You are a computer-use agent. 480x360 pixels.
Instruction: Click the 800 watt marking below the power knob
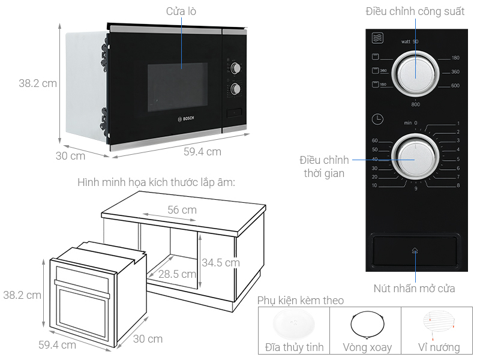[x=415, y=104]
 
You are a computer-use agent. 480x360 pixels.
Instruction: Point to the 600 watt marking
[x=455, y=85]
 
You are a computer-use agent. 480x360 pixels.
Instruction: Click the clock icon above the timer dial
[x=377, y=119]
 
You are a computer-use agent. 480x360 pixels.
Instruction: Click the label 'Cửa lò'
[x=181, y=11]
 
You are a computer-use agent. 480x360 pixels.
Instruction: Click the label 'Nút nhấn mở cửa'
[x=414, y=289]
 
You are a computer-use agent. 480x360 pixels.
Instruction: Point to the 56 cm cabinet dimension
[x=181, y=210]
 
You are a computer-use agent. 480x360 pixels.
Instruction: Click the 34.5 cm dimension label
[x=220, y=262]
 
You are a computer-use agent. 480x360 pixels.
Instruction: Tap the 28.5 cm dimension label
[x=178, y=274]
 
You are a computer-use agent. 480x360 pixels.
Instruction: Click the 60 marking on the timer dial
[x=375, y=140]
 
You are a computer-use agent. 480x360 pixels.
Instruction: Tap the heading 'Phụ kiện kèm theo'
[x=301, y=300]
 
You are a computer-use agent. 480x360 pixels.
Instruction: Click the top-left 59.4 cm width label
[x=202, y=152]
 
